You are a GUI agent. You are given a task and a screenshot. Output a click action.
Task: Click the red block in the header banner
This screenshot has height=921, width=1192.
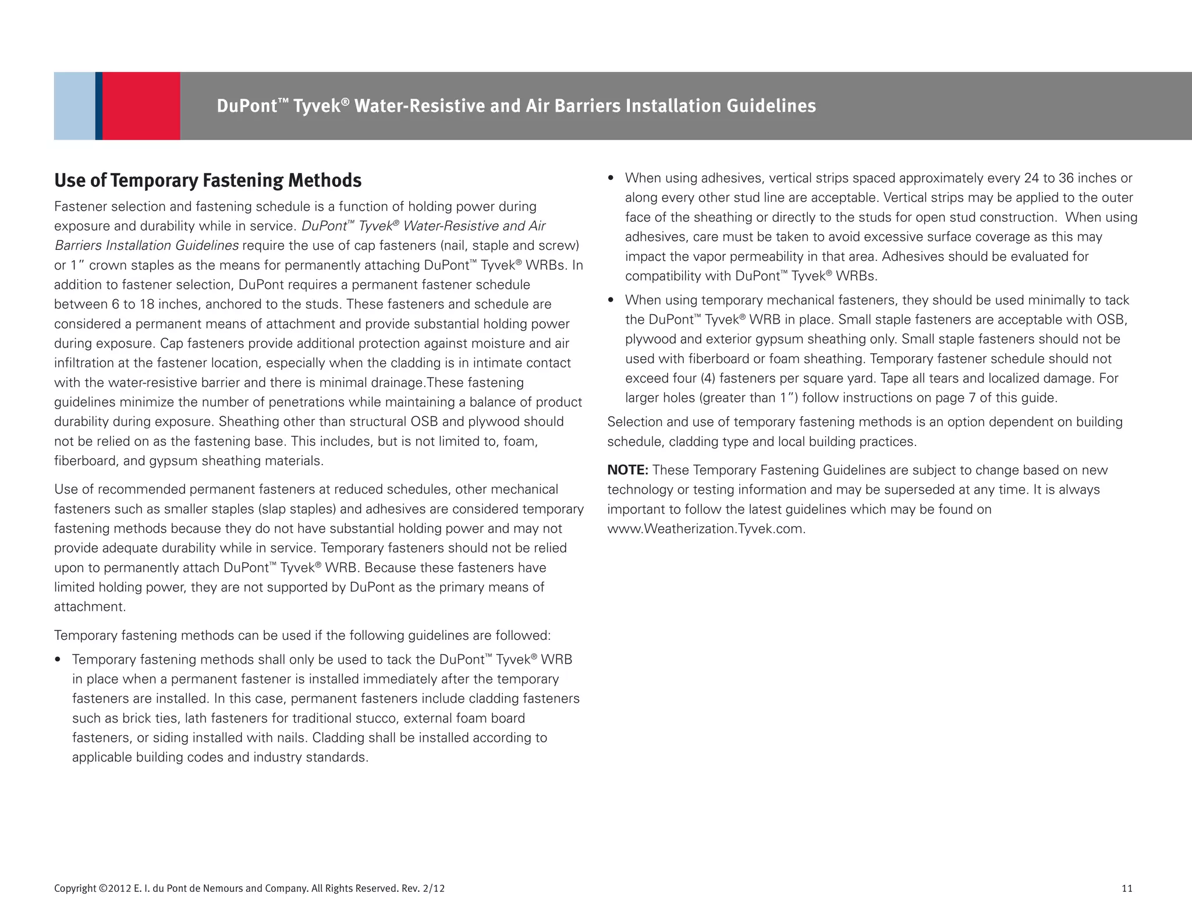click(141, 106)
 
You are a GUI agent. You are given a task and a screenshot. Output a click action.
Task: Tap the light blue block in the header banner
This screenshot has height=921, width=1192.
click(74, 106)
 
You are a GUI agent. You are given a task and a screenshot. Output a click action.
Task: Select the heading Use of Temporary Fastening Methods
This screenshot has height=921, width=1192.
click(208, 180)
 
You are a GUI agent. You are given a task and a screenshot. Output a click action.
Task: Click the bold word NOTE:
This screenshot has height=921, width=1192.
click(627, 470)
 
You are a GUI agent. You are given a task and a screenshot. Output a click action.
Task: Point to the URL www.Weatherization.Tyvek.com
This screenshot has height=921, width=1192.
click(706, 529)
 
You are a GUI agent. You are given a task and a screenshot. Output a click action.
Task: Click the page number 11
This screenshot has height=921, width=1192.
click(1127, 888)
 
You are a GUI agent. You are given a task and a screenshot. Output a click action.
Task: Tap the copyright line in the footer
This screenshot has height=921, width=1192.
click(249, 888)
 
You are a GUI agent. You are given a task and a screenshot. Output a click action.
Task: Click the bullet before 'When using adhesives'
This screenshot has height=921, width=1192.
click(611, 178)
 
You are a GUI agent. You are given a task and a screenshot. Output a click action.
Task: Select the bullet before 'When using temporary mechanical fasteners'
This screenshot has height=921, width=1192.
click(611, 300)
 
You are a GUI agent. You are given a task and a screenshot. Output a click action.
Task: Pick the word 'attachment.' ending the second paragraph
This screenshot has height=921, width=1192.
click(90, 607)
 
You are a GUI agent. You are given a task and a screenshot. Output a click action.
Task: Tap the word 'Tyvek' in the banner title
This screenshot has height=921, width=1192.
click(316, 106)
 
